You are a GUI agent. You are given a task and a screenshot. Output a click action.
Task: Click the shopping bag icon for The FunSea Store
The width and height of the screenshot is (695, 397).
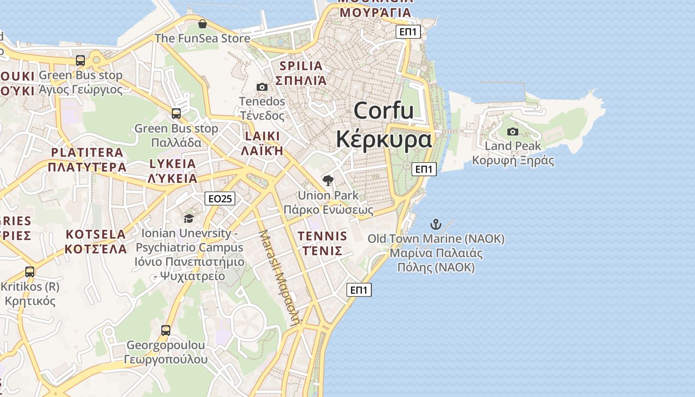[202, 24]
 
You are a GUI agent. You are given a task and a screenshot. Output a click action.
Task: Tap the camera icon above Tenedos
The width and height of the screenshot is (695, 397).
[262, 87]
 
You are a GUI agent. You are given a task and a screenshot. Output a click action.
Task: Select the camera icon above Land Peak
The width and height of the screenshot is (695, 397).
[513, 132]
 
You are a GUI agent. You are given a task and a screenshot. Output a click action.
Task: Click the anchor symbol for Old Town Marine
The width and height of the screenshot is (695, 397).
[435, 224]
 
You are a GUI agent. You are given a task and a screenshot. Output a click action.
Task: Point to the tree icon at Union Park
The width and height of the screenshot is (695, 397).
[328, 181]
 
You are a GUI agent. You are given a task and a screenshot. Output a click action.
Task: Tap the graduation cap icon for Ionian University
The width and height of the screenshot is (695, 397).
[189, 219]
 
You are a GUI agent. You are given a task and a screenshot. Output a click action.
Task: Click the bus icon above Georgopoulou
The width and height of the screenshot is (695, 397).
[166, 330]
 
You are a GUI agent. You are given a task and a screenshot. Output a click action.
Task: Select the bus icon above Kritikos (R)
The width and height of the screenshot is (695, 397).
[30, 272]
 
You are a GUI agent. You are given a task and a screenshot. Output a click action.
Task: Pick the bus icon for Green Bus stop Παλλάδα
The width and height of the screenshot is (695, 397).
[176, 114]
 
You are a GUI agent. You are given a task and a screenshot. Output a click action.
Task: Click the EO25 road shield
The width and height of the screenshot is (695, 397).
[219, 199]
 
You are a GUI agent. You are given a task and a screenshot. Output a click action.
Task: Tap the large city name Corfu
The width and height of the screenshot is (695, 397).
[384, 110]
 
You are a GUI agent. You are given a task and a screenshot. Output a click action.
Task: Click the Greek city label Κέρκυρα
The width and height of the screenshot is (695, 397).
[384, 139]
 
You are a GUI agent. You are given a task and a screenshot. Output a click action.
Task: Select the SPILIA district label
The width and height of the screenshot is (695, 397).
[301, 66]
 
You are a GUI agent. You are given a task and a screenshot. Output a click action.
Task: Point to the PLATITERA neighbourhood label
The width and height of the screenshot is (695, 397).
[87, 152]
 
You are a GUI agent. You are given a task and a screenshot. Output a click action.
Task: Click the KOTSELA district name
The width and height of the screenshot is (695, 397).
[96, 234]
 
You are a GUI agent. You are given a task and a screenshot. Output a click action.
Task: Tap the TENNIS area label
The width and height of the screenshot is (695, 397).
[323, 235]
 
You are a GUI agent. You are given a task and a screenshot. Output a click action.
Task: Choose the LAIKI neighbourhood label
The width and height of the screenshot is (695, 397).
[262, 136]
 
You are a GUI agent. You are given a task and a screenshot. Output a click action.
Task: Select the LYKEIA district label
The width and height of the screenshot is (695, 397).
[173, 163]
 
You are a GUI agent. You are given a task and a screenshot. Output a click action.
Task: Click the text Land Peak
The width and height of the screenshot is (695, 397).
[513, 146]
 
